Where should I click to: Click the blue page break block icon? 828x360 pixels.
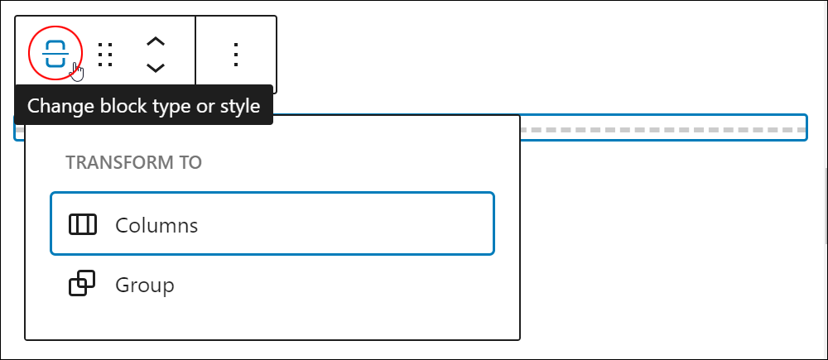tap(55, 53)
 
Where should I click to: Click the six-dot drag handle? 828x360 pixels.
tap(106, 55)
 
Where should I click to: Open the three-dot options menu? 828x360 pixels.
tap(236, 55)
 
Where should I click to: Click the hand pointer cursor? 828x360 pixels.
tap(77, 72)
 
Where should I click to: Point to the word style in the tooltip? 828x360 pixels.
tap(240, 106)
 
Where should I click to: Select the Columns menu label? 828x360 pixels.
tap(156, 225)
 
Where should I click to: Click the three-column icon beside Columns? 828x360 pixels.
tap(83, 224)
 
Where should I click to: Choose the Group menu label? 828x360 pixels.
tap(145, 285)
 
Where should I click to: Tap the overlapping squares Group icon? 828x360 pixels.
tap(82, 284)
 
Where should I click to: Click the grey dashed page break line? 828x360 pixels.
tap(662, 130)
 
